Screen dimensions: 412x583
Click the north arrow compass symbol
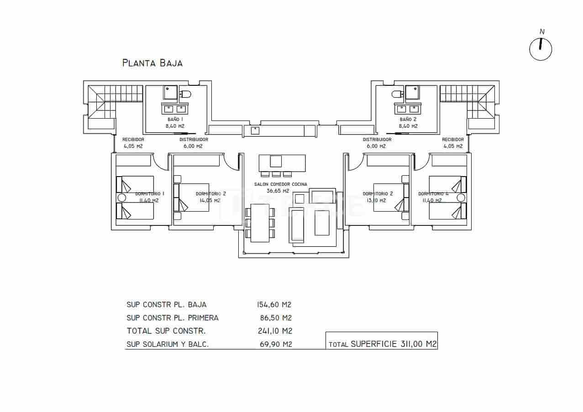coord(541,48)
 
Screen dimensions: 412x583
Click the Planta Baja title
coord(152,63)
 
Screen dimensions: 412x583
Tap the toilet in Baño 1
coord(185,94)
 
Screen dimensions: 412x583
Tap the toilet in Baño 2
coord(397,94)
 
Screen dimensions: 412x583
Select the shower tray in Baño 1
coord(171,93)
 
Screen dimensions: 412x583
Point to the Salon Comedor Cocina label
coord(281,188)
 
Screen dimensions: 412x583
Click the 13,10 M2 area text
coord(374,200)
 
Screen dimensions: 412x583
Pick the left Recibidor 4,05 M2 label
coord(133,143)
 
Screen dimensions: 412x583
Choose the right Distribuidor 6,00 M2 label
coord(377,143)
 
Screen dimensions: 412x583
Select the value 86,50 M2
coord(275,318)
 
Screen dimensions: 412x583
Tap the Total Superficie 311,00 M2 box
coord(382,344)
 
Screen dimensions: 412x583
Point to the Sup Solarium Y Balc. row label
coord(168,344)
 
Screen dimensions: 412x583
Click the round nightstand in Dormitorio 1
coord(121,198)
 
